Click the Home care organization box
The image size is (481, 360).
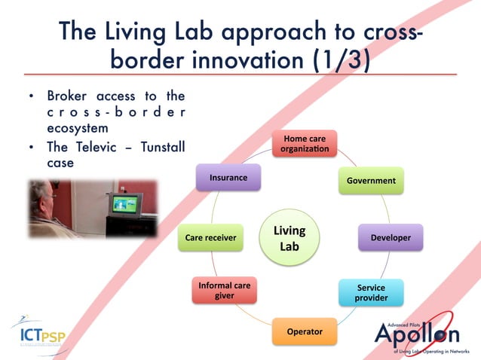click(x=305, y=145)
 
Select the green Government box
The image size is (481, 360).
click(x=371, y=181)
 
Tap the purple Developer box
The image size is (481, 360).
click(x=391, y=238)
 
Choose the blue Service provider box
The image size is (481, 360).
click(x=371, y=292)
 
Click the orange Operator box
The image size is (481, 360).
click(x=305, y=331)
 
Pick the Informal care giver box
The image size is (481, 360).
click(x=224, y=291)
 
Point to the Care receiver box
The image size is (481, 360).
click(x=210, y=238)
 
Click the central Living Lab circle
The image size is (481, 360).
click(x=290, y=237)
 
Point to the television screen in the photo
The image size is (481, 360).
click(x=124, y=203)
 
